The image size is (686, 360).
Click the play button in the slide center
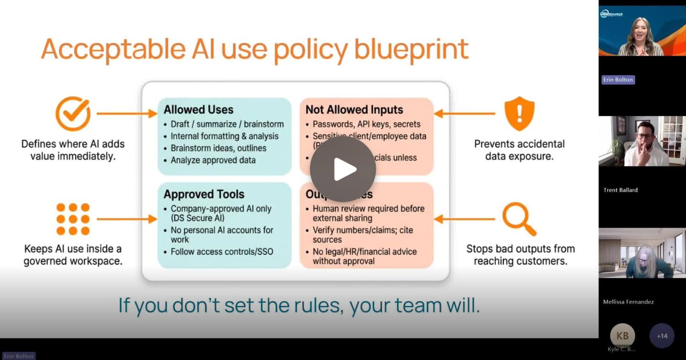(x=343, y=169)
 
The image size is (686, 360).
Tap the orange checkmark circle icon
(x=73, y=113)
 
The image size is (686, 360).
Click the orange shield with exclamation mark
(x=519, y=113)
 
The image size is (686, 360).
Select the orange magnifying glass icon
(x=519, y=218)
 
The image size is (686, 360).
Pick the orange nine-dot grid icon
(x=73, y=219)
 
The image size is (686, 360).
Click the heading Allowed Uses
(x=198, y=110)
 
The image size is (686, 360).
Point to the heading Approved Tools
(x=204, y=194)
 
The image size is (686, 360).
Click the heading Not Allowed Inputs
(x=354, y=110)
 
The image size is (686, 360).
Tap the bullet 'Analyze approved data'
(x=213, y=160)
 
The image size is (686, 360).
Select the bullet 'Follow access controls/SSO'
(x=222, y=252)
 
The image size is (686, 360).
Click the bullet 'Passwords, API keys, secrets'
(x=366, y=124)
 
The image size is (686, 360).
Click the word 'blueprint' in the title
(x=411, y=49)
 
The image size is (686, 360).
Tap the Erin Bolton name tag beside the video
(x=618, y=80)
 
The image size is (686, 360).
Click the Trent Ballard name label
(x=620, y=190)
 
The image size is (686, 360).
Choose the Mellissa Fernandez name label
(x=628, y=302)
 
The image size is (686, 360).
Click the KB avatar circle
(x=622, y=336)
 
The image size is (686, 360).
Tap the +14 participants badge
(x=662, y=336)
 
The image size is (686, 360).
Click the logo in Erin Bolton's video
(x=611, y=14)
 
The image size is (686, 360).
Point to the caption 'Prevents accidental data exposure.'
(x=519, y=150)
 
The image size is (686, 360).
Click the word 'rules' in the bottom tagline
(x=318, y=306)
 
